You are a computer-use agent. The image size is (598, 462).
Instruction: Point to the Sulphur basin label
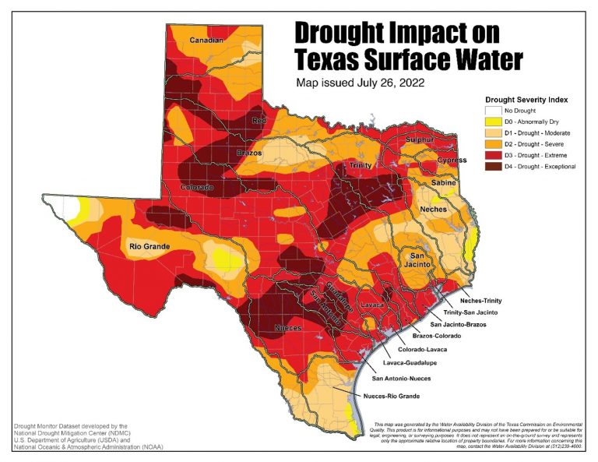tap(417, 140)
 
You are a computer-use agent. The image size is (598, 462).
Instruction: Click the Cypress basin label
tap(452, 160)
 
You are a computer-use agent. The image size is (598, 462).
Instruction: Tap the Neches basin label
tap(434, 210)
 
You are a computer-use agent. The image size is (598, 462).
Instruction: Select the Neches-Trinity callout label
tap(485, 301)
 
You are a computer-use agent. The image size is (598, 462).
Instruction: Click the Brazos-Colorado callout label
tap(437, 335)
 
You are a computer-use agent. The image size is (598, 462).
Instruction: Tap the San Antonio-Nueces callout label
tap(401, 379)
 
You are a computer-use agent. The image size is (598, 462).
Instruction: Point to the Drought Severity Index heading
tap(526, 100)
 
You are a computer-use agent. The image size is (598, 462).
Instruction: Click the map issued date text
tap(360, 81)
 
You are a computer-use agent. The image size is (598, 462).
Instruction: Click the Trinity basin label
tap(360, 166)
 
